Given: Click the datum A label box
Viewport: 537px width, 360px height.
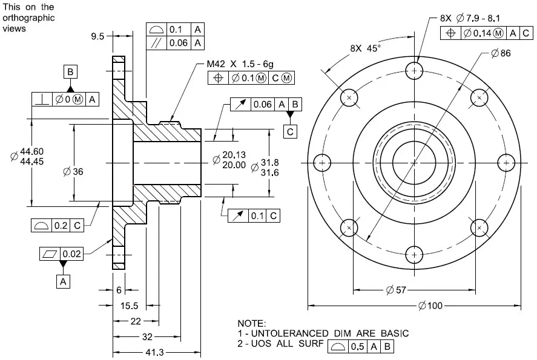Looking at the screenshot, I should (x=63, y=281).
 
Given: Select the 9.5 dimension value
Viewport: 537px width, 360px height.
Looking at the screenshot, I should (x=97, y=36).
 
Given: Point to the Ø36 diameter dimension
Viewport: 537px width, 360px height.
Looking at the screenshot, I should (x=73, y=172).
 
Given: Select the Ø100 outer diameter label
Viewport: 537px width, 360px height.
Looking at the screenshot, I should (x=430, y=305).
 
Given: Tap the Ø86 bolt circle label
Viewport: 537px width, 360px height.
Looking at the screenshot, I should (x=501, y=53).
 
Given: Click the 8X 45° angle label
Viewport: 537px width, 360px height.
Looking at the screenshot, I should (x=365, y=48).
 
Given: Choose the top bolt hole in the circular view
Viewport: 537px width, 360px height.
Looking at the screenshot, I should (x=415, y=71).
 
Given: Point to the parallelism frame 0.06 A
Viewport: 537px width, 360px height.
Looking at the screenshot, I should (x=176, y=42).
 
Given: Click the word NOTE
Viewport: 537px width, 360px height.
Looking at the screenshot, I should (x=252, y=324).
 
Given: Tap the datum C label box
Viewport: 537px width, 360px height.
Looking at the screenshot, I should (x=291, y=131).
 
